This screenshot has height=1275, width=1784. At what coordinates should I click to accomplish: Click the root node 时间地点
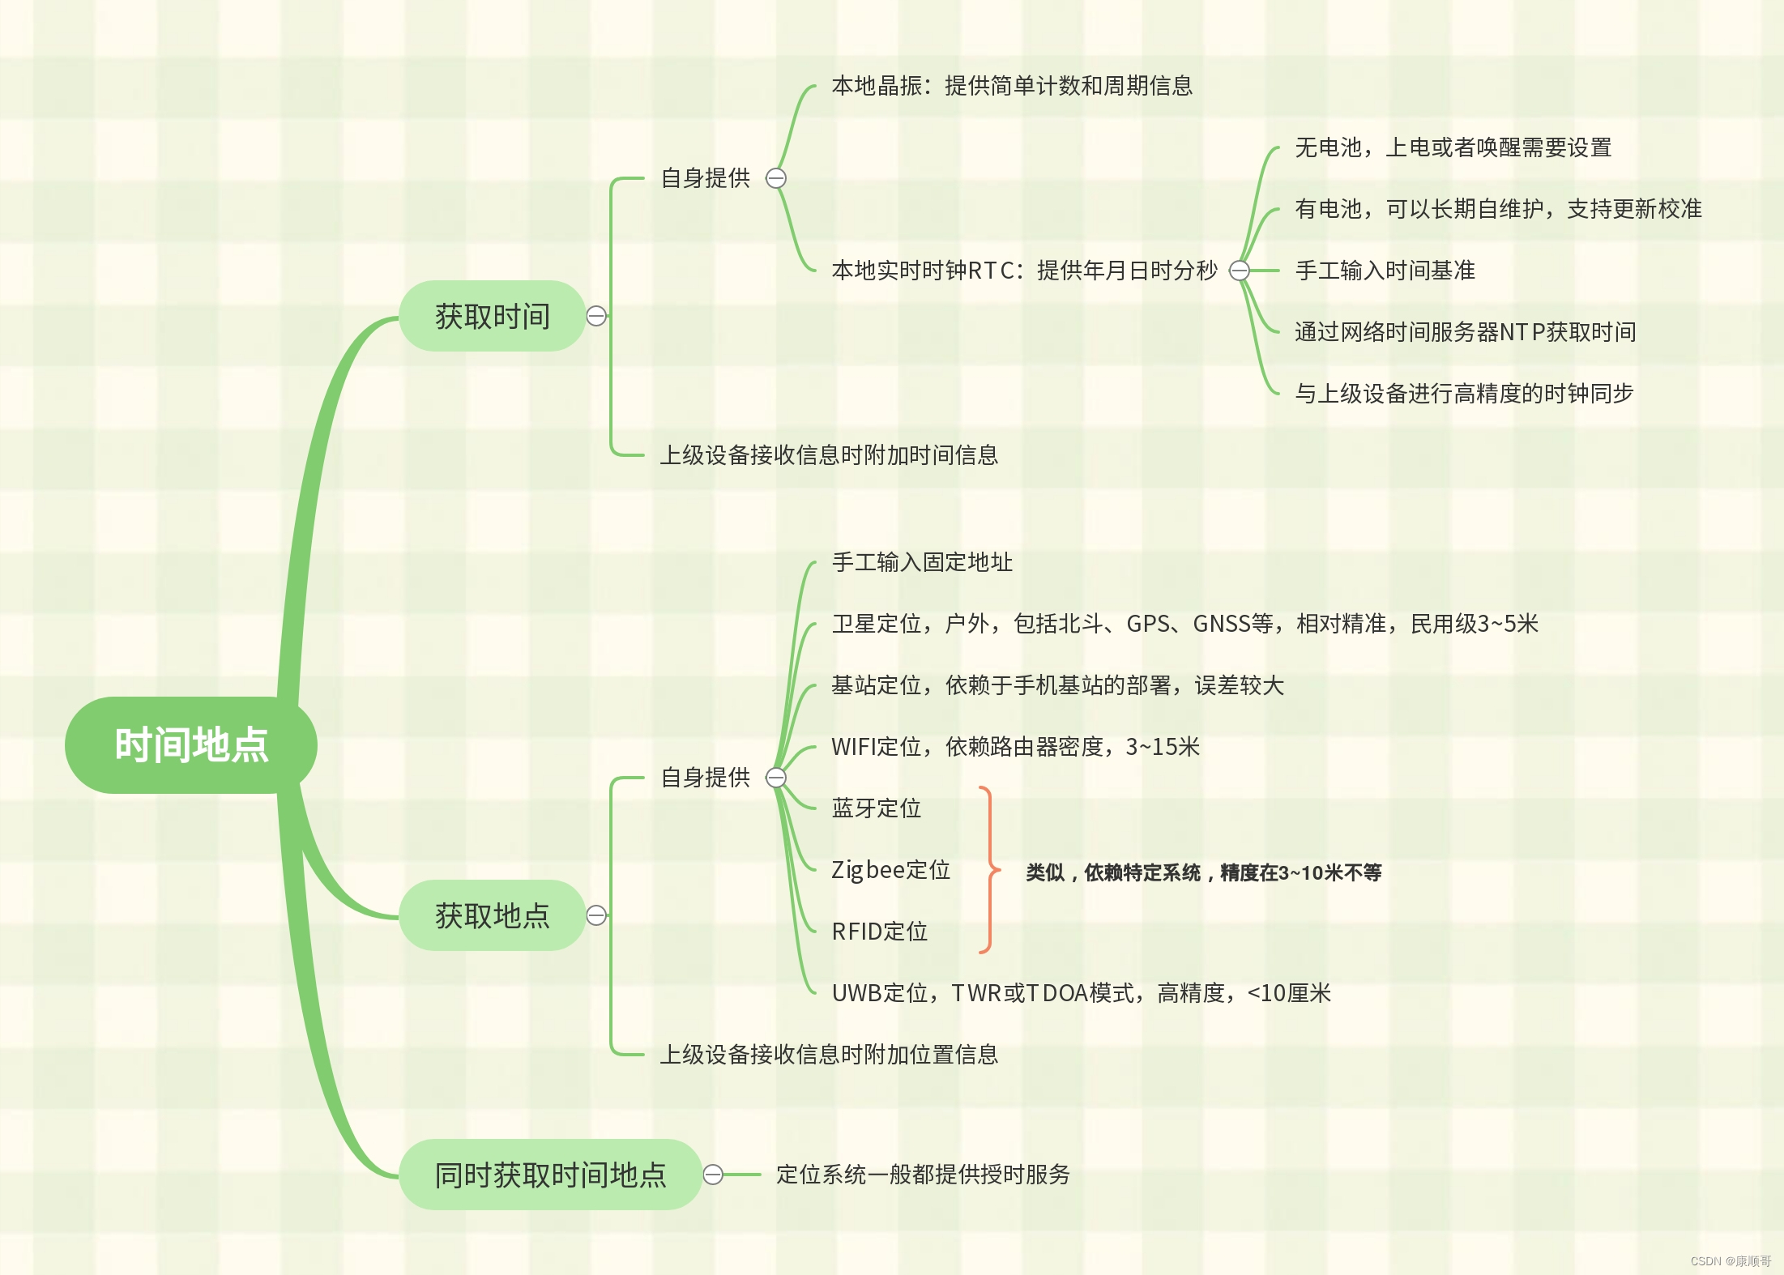[191, 744]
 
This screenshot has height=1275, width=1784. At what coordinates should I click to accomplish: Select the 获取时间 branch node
[492, 316]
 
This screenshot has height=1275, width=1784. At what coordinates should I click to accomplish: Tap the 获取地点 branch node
[492, 915]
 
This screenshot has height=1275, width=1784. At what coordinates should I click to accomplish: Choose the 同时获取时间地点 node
[550, 1175]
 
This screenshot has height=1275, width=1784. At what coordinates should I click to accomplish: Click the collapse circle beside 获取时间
[596, 316]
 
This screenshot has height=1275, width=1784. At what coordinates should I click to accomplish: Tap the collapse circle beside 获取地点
[596, 915]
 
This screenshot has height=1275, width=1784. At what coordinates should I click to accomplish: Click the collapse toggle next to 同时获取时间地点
[713, 1175]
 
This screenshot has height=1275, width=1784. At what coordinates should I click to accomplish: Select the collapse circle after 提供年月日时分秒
[1239, 271]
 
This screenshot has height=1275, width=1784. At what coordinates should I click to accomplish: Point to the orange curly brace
[988, 870]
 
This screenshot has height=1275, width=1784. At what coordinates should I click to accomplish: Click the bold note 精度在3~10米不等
[1203, 872]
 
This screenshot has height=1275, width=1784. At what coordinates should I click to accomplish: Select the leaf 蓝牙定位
[877, 808]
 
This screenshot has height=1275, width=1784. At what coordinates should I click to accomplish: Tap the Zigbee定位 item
[890, 870]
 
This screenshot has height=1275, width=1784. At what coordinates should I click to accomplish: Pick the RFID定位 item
[880, 932]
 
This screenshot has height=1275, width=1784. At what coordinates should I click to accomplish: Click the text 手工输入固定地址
[922, 562]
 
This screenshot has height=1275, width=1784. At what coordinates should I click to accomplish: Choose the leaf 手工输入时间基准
[1385, 271]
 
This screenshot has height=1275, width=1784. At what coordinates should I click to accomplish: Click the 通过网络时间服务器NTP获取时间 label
[1465, 332]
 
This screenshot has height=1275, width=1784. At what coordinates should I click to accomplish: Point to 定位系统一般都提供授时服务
[923, 1175]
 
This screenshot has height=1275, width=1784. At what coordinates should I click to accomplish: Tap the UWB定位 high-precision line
[1081, 993]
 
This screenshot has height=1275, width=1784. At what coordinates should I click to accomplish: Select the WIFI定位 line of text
[1015, 747]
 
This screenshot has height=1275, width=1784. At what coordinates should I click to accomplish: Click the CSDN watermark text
[1730, 1261]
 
